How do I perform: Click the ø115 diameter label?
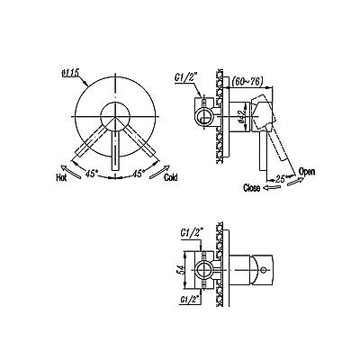pyautogui.click(x=69, y=72)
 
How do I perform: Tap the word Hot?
pyautogui.click(x=61, y=178)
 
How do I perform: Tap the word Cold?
pyautogui.click(x=171, y=177)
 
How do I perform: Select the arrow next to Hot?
pyautogui.click(x=70, y=172)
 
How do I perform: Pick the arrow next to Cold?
pyautogui.click(x=159, y=172)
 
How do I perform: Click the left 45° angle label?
pyautogui.click(x=91, y=174)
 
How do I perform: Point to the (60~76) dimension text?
pyautogui.click(x=247, y=81)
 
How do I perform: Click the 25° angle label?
pyautogui.click(x=281, y=179)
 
